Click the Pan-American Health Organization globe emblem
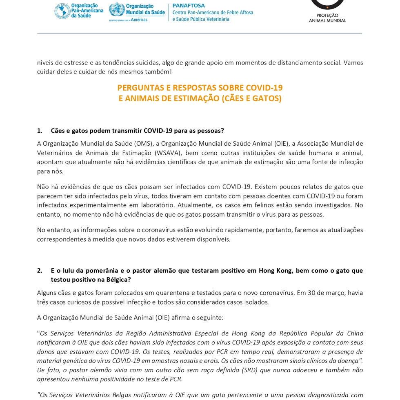pyautogui.click(x=62, y=11)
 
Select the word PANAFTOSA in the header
pyautogui.click(x=189, y=5)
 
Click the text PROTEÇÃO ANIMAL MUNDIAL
pyautogui.click(x=327, y=18)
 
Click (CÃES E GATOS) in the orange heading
pyautogui.click(x=251, y=98)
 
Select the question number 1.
pyautogui.click(x=40, y=131)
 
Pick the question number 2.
pyautogui.click(x=40, y=270)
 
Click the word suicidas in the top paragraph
pyautogui.click(x=146, y=62)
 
